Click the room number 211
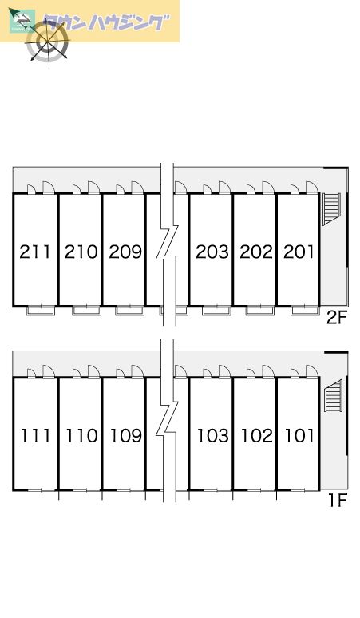coord(35,252)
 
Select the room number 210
coord(81,252)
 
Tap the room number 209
coord(125,252)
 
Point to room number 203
coord(212,252)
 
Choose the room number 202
coord(256,252)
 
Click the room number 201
coord(299,252)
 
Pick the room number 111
coord(35,435)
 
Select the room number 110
coord(81,435)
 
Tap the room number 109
coord(125,435)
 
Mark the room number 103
coord(212,435)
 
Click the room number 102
coord(257,435)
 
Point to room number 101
coord(299,435)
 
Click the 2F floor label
coord(336,317)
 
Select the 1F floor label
coord(337,501)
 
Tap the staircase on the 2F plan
coord(331,209)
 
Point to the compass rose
coord(47,41)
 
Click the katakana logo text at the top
coord(106,22)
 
